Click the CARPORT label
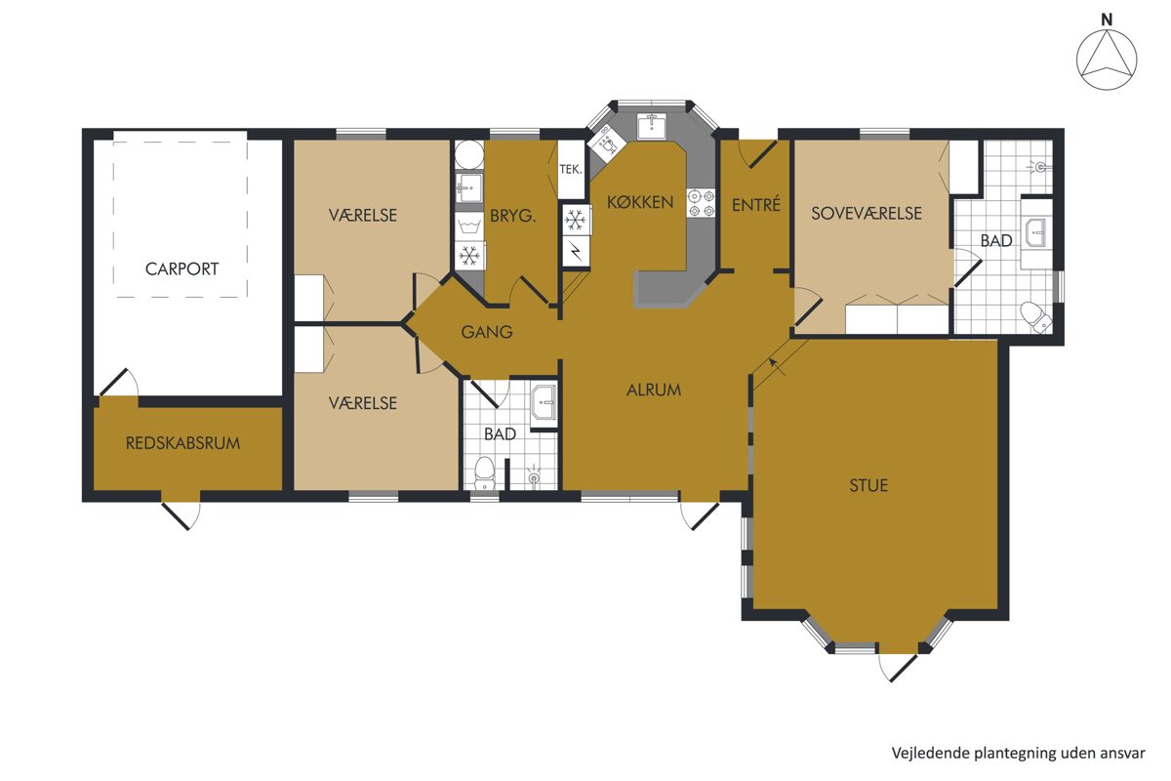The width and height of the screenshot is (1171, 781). click(182, 268)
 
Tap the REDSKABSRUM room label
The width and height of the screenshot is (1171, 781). click(183, 443)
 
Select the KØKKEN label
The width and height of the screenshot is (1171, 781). click(640, 202)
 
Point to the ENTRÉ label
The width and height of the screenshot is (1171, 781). click(756, 205)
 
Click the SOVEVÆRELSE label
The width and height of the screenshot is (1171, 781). click(867, 214)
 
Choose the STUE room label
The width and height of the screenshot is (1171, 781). click(868, 486)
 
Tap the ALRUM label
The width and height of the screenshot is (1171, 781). click(654, 390)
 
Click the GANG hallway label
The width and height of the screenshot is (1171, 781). click(487, 332)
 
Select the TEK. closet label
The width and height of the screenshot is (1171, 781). click(570, 169)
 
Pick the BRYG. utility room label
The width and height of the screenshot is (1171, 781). click(513, 216)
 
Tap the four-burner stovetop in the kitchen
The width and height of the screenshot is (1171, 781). click(701, 203)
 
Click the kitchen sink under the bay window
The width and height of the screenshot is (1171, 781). click(652, 126)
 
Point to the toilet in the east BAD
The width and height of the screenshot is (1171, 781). click(1035, 315)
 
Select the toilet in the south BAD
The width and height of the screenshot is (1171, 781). click(485, 473)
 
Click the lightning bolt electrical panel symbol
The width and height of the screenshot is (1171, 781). click(576, 252)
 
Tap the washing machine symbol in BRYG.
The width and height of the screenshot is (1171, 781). click(469, 226)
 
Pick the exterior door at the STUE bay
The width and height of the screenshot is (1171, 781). click(898, 668)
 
